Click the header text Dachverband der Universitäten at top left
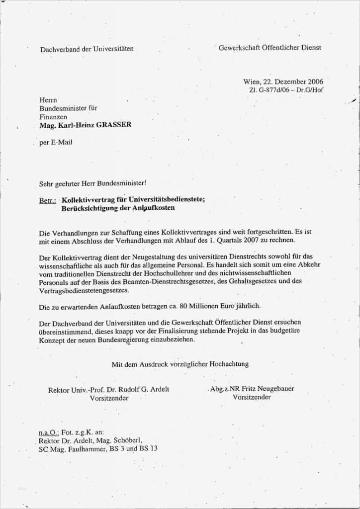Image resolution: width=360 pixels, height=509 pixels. pyautogui.click(x=87, y=49)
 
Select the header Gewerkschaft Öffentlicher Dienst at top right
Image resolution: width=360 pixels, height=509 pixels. pyautogui.click(x=270, y=48)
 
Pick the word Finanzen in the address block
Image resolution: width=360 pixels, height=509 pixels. pyautogui.click(x=53, y=117)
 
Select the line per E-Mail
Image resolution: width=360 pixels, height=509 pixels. pyautogui.click(x=56, y=142)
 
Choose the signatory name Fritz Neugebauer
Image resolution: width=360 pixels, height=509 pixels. pyautogui.click(x=270, y=389)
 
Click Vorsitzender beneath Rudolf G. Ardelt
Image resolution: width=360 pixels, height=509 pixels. pyautogui.click(x=109, y=398)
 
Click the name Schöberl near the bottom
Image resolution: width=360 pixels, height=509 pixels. pyautogui.click(x=128, y=440)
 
